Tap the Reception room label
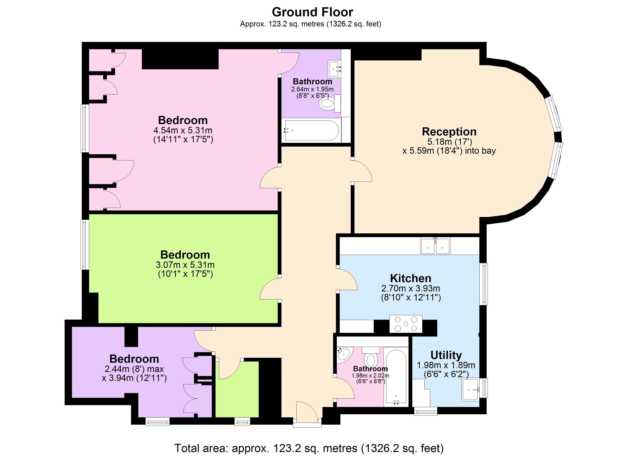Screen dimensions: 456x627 point(449,132)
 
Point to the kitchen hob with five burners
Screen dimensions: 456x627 point(406,324)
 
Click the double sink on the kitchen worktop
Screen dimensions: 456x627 point(435,245)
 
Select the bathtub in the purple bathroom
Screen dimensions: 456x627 point(311,131)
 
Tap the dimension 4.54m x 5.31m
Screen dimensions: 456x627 point(183,130)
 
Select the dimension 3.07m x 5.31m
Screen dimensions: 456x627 point(185,265)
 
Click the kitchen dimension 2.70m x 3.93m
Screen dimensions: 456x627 point(411,288)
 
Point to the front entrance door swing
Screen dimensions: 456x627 point(307,412)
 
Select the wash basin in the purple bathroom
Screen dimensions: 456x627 point(334,69)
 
